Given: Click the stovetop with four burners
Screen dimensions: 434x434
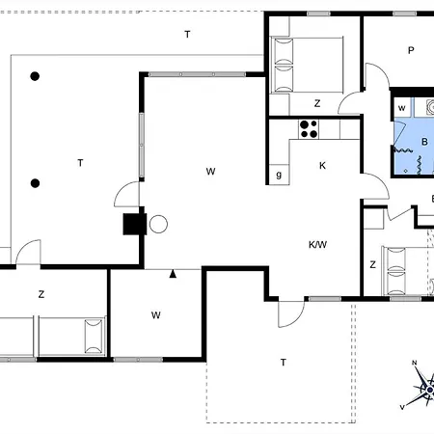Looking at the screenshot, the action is coord(309,129).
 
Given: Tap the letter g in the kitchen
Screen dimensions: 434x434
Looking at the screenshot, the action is coord(279,175).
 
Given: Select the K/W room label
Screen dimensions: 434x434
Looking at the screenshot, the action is coord(317,245).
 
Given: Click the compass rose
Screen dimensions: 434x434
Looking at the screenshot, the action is coord(421,386).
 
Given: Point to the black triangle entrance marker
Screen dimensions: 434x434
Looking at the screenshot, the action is coord(173,274).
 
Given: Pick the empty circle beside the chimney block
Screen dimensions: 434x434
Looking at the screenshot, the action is coord(158,224).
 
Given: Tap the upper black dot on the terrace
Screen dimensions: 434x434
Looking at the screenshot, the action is coord(35,76).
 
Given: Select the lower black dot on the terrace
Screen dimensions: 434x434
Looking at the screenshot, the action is coord(35,183).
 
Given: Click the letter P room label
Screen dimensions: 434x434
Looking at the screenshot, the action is coord(411,50).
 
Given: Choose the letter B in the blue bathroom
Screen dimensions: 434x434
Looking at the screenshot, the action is coord(424,142).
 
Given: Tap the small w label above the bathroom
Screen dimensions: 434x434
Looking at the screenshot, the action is coord(402,108).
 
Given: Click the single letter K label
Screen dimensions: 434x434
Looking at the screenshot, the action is coord(322,166).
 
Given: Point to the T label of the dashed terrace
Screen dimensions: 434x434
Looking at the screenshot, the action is coord(284,363).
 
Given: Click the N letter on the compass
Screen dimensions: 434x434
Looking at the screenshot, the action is coord(415,363).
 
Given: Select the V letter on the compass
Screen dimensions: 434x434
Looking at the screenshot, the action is coord(402,407).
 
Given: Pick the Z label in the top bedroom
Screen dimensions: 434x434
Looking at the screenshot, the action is coord(317,103).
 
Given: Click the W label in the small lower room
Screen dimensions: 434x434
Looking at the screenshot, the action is coord(156,315).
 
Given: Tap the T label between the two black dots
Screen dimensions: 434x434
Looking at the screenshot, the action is coord(80,163).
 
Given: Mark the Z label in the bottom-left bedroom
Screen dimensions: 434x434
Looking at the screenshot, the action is coord(41,294).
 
